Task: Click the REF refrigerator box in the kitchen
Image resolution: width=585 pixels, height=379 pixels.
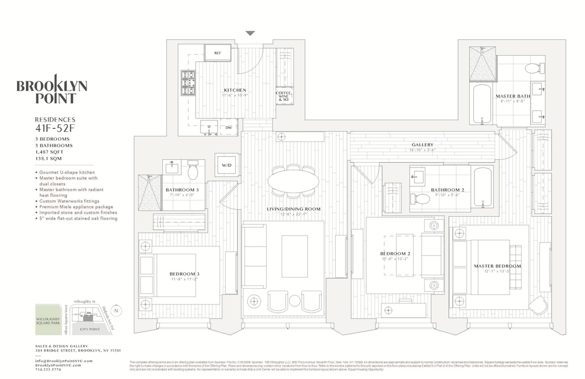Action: click(218, 53)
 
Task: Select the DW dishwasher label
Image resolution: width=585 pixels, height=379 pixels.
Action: click(229, 127)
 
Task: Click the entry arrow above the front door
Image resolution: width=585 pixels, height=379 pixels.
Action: click(250, 33)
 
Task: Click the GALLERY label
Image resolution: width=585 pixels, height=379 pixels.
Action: click(422, 145)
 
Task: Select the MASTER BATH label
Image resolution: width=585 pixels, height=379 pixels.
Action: click(513, 95)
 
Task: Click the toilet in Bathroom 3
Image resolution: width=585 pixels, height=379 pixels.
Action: click(193, 171)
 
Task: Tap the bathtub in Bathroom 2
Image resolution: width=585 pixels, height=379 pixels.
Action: click(483, 187)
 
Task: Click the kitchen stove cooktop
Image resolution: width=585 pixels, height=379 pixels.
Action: click(188, 83)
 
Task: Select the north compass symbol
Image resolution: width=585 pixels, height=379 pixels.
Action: click(116, 310)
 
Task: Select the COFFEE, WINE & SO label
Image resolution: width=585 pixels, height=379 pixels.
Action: click(284, 96)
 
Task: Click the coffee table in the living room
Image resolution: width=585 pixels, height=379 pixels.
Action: click(294, 256)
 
